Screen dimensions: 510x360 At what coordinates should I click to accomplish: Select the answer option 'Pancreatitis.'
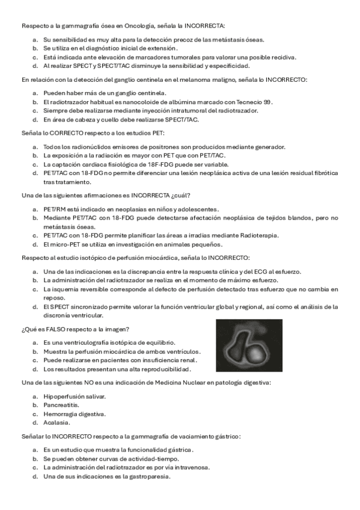pos(60,405)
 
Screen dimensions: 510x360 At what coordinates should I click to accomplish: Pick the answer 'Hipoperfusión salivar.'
pos(75,396)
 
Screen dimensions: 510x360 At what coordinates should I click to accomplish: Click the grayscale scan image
pos(249,346)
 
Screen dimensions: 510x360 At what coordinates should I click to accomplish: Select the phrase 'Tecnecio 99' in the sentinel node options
pos(253,102)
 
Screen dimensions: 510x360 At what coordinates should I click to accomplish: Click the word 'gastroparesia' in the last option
pos(150,477)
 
